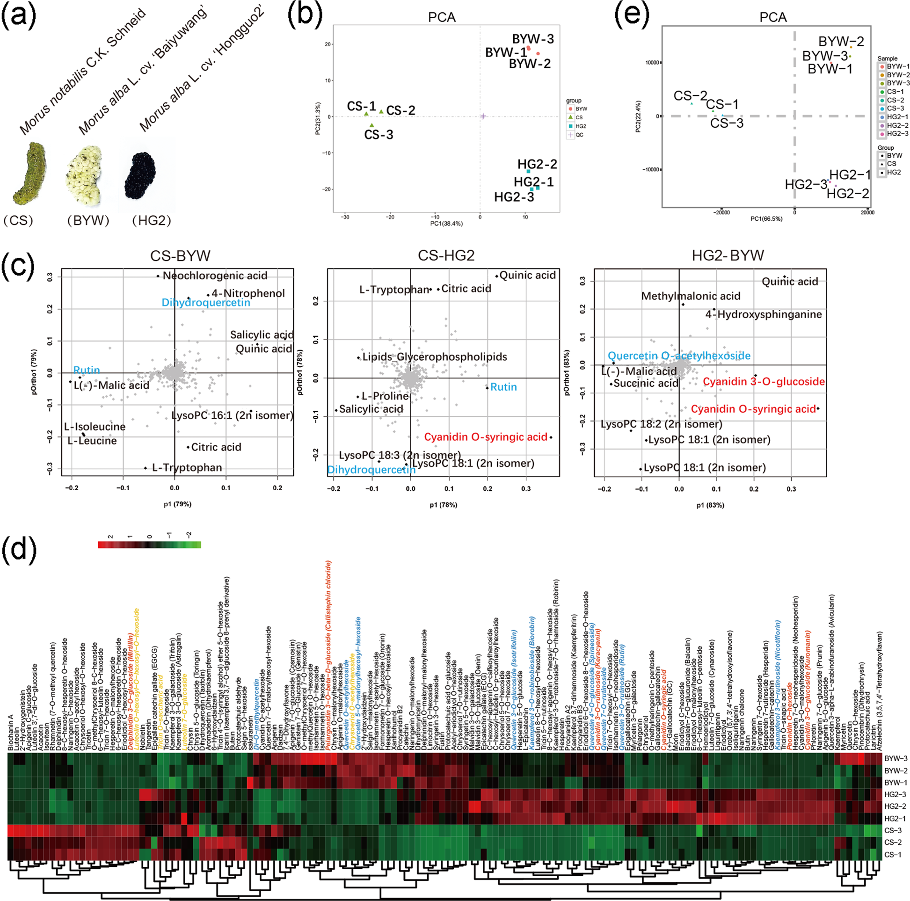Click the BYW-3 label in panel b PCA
click(x=533, y=39)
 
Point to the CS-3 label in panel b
click(x=378, y=135)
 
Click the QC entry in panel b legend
click(x=579, y=135)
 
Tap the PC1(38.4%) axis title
click(x=446, y=224)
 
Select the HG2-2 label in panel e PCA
click(x=848, y=194)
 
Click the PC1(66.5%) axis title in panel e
click(x=766, y=219)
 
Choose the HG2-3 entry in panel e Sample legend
click(x=897, y=134)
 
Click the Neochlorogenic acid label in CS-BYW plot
click(x=215, y=276)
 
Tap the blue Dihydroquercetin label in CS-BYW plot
click(x=206, y=302)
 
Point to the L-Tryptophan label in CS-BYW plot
click(x=187, y=468)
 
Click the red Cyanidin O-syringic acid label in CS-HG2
click(x=486, y=437)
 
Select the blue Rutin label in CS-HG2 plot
click(x=503, y=387)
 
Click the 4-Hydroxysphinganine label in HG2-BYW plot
click(x=763, y=314)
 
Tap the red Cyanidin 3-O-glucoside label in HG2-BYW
click(x=764, y=382)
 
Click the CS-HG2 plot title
click(x=445, y=255)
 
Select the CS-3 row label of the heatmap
click(x=893, y=830)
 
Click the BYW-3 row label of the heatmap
click(x=895, y=759)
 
